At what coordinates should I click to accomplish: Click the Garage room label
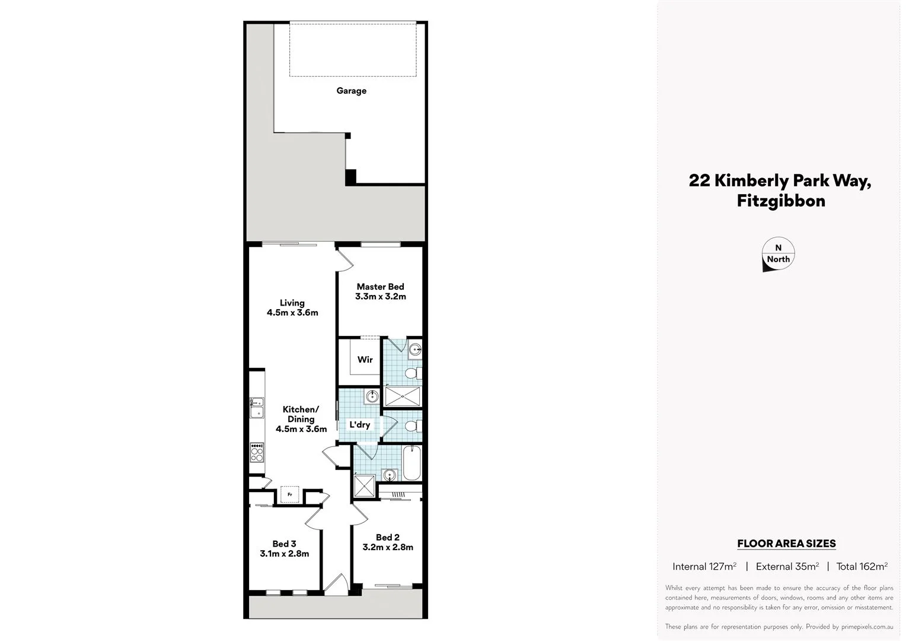(x=351, y=91)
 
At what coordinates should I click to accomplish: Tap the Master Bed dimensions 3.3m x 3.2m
(x=380, y=297)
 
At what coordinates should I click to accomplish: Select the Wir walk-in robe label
(x=365, y=360)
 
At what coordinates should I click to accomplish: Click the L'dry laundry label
(x=359, y=425)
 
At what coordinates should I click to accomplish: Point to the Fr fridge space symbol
(x=290, y=494)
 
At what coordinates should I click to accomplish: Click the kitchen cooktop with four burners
(x=257, y=453)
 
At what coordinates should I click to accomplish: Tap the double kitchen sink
(x=257, y=408)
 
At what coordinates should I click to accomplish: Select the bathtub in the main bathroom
(x=411, y=464)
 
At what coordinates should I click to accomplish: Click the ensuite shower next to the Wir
(x=403, y=396)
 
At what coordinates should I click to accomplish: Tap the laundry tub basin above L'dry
(x=372, y=396)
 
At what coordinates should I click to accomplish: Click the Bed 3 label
(x=284, y=544)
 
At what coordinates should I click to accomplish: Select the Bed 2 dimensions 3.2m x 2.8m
(x=388, y=547)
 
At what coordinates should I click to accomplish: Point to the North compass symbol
(x=777, y=256)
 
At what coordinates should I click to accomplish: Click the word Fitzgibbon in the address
(x=780, y=201)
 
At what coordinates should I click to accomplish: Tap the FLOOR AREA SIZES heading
(x=786, y=544)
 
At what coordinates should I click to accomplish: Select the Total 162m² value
(x=862, y=567)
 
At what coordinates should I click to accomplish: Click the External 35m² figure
(x=787, y=567)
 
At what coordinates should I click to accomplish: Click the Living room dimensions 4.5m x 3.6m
(x=292, y=313)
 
